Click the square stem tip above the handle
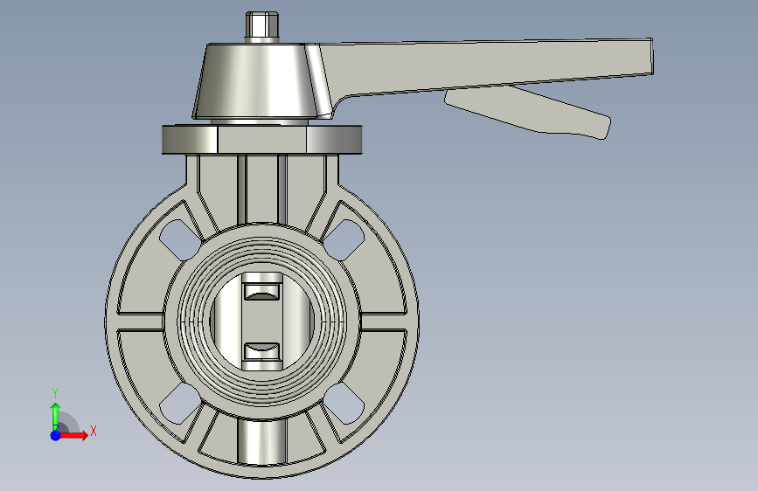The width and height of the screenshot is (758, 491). [262, 26]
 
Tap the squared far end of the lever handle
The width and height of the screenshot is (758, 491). [645, 57]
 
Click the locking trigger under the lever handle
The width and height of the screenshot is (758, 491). [528, 112]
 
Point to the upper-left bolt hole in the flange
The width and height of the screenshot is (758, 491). [181, 239]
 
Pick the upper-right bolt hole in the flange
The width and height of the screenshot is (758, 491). [343, 239]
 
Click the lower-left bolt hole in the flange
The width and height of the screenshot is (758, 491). [181, 403]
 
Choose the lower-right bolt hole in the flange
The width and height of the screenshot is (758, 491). [343, 403]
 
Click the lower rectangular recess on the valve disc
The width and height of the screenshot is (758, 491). [261, 351]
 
